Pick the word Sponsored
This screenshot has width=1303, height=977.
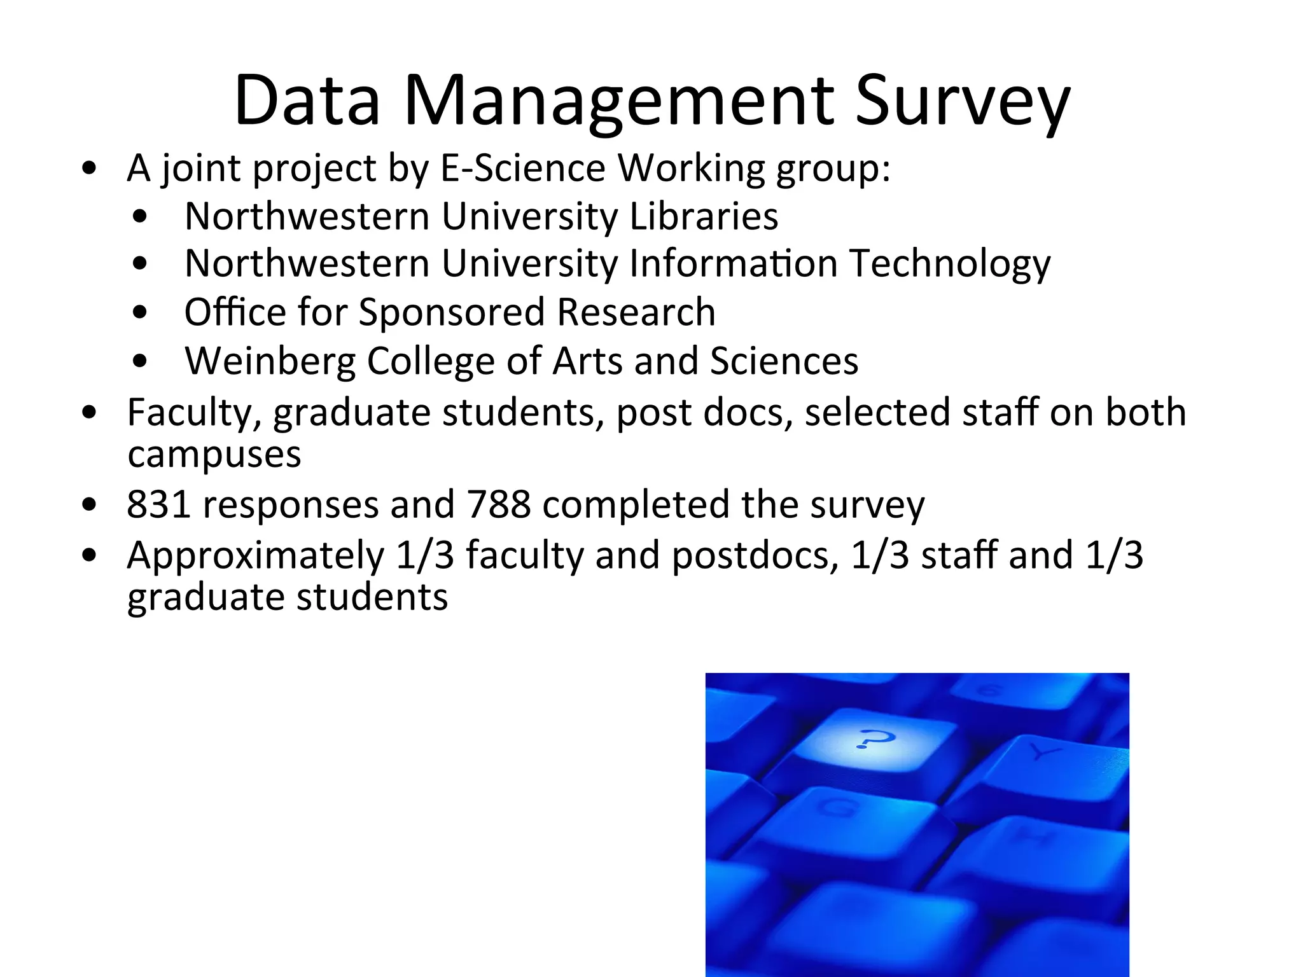click(451, 312)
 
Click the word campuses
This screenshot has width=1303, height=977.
click(214, 454)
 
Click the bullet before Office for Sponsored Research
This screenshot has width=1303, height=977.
click(141, 312)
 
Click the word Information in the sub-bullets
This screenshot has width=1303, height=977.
click(733, 264)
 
